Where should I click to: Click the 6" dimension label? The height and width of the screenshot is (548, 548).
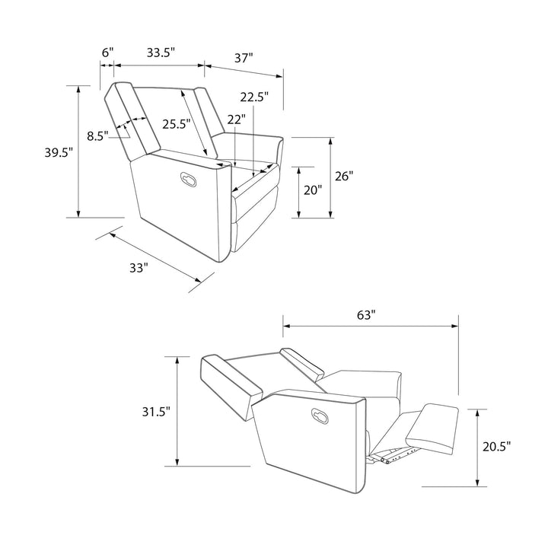(107, 53)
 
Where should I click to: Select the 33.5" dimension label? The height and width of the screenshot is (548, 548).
(161, 53)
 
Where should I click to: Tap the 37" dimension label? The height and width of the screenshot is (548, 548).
(244, 58)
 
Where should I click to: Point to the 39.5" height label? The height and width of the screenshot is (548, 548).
(59, 153)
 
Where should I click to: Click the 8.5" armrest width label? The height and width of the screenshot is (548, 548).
(97, 136)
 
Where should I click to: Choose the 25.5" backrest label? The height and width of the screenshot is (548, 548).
(176, 124)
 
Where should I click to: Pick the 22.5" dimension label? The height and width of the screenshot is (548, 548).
(254, 97)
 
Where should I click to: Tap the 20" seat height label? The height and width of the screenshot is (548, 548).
(313, 190)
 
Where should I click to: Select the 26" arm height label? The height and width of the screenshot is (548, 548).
(344, 176)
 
